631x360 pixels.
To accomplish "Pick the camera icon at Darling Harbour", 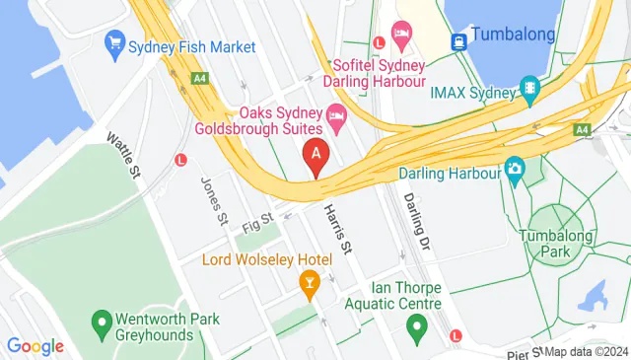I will (514, 170).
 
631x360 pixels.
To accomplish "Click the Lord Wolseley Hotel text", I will (266, 260).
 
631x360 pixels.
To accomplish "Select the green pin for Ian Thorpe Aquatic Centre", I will (416, 325).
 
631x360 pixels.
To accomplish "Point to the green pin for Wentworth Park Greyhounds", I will (100, 323).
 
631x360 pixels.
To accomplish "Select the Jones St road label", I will (214, 200).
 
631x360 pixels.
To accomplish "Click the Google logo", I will (35, 345).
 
